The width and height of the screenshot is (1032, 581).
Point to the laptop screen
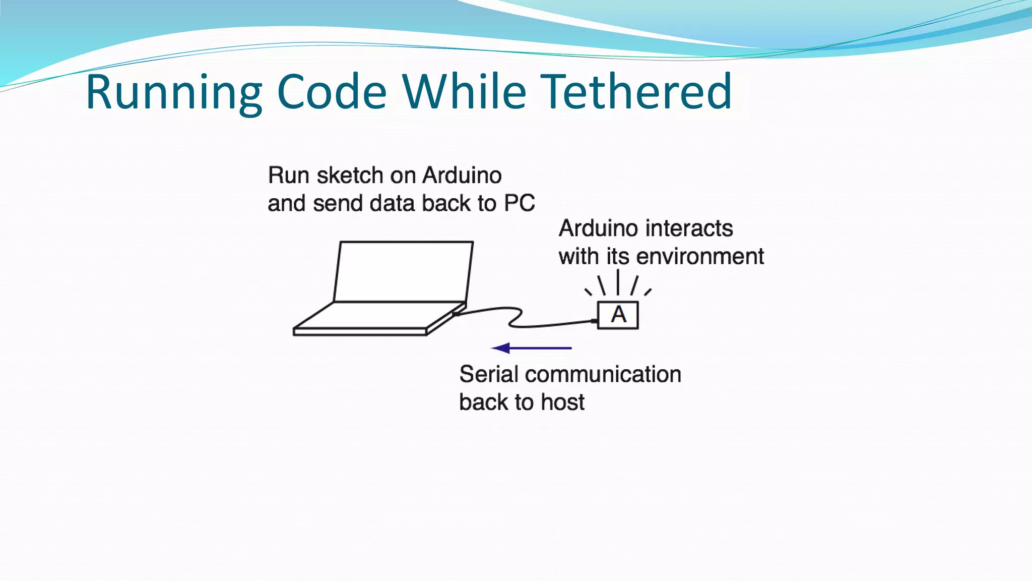point(403,271)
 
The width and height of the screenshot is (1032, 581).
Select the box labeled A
point(618,315)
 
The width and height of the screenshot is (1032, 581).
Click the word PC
point(519,203)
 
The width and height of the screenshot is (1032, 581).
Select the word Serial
point(489,374)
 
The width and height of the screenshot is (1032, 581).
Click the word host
point(562,402)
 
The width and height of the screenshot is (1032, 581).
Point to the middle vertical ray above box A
point(618,282)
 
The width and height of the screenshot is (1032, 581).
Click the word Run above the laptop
point(281,176)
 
